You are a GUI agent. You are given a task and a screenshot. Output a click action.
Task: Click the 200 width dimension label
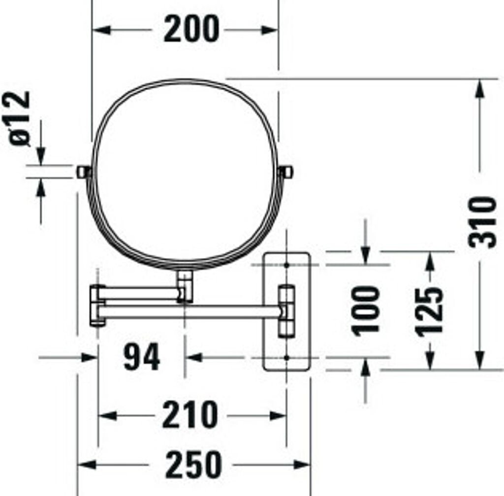coord(191,29)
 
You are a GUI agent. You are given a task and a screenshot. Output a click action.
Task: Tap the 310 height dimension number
coord(482,222)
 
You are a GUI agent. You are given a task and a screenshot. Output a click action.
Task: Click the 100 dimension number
coord(366,310)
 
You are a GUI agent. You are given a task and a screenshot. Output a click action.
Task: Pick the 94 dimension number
coord(141,357)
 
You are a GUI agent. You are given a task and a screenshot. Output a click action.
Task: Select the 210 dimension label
coord(190,415)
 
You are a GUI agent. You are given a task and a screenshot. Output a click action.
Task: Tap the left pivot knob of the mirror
coord(84,172)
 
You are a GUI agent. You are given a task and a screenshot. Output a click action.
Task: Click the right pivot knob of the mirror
coord(286,172)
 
